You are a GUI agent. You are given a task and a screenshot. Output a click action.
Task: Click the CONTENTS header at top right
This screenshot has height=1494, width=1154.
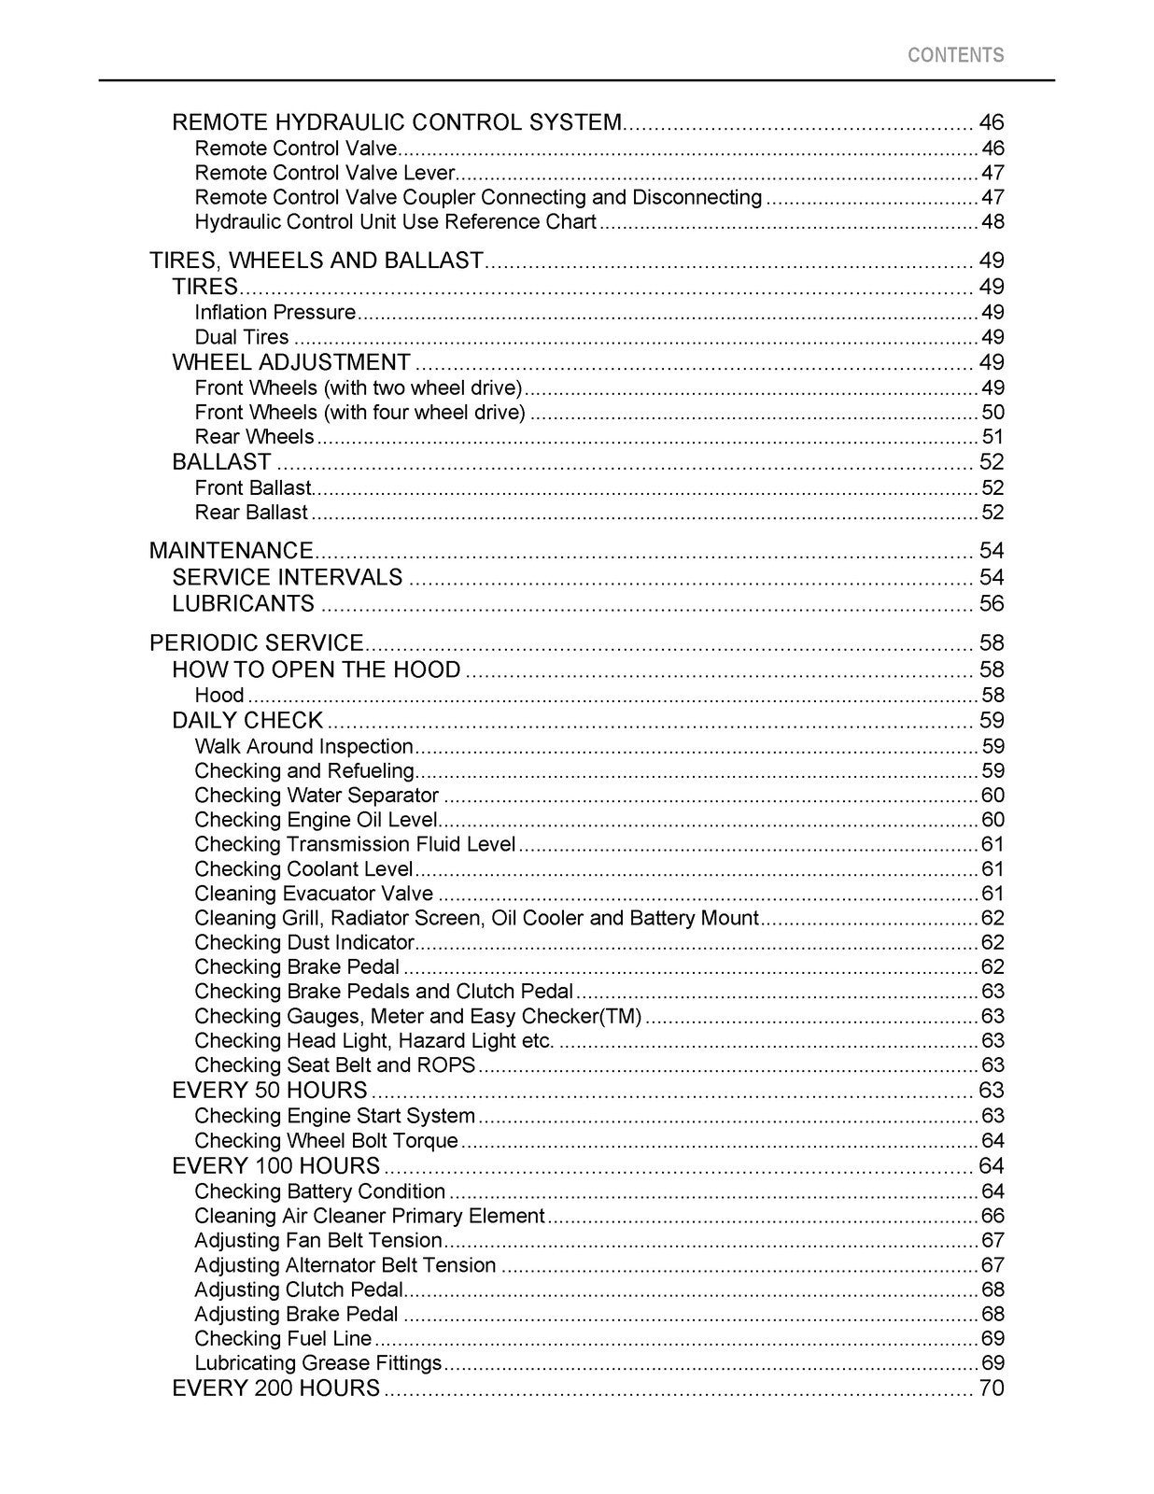point(955,55)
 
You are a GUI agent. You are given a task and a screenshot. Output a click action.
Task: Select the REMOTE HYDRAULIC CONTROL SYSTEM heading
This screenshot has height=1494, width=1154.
point(397,122)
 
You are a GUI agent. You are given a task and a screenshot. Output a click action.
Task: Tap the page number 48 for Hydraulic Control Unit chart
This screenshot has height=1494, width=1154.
point(992,222)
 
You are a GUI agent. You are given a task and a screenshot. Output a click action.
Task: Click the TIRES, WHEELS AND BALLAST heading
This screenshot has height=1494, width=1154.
point(317,261)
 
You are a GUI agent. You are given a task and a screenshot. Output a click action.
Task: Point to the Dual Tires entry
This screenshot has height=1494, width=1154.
point(242,337)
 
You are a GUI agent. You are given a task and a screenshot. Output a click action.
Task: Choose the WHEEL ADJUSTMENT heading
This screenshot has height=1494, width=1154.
point(291,362)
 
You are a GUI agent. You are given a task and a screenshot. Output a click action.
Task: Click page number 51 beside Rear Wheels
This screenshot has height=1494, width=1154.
point(992,437)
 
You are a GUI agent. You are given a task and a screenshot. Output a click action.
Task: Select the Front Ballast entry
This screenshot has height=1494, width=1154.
point(252,487)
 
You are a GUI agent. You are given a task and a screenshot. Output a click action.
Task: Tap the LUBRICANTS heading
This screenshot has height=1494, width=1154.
point(244,603)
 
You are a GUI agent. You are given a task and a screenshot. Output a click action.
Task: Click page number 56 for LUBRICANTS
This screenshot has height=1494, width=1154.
point(991,603)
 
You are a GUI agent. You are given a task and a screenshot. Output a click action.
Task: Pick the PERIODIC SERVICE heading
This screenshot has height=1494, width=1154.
point(256,642)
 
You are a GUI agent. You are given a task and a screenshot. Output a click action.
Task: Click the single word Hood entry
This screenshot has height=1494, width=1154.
point(219,695)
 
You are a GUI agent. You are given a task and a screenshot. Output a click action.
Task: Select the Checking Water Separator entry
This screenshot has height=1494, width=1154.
point(317,796)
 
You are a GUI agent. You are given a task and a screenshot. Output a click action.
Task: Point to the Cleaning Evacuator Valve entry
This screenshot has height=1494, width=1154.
point(314,894)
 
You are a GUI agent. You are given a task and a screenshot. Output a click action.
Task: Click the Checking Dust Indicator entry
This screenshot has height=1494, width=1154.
point(303,942)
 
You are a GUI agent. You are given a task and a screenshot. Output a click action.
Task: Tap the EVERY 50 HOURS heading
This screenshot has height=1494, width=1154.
point(270,1091)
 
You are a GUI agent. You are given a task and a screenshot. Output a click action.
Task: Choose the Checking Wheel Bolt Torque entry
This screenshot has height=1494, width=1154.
point(326,1141)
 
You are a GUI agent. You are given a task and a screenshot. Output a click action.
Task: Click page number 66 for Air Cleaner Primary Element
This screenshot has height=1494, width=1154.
point(992,1216)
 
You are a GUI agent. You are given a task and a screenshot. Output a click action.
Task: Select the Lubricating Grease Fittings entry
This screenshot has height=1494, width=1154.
point(317,1363)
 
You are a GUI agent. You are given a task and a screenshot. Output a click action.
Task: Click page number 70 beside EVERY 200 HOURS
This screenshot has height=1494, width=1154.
point(991,1388)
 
